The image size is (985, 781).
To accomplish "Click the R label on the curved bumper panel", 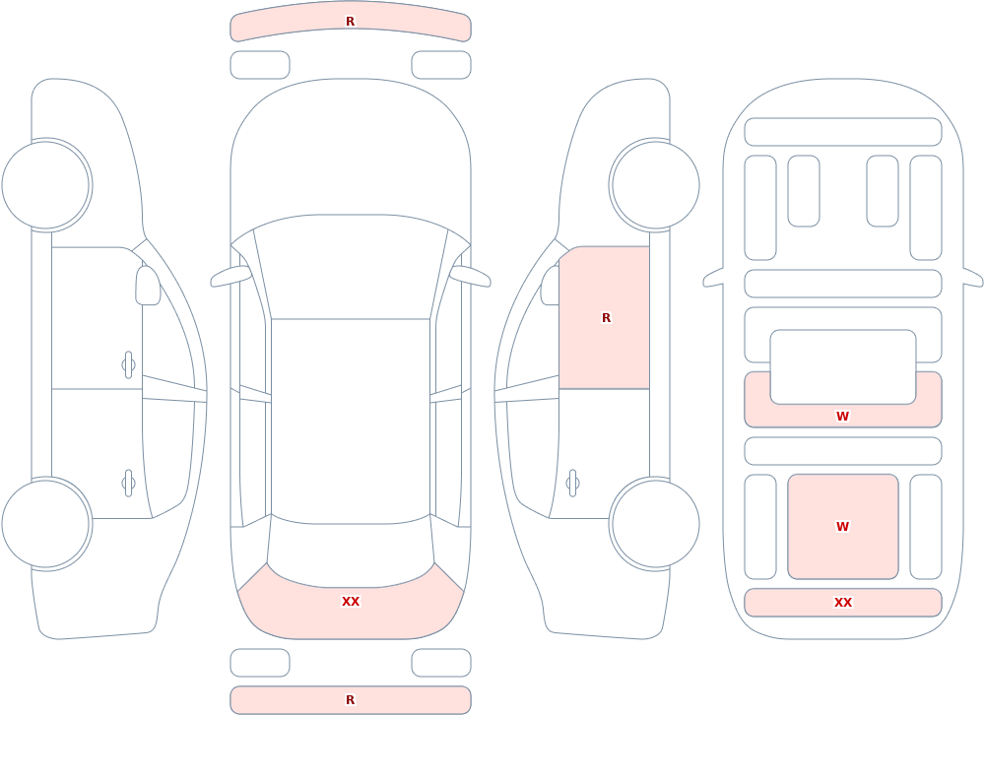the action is (x=350, y=22).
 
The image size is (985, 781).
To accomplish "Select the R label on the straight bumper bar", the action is (x=350, y=700).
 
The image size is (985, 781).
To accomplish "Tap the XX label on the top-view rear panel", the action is (x=351, y=602).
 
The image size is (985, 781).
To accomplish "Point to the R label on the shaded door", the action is (x=606, y=318).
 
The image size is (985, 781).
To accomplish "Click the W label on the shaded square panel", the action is (x=842, y=527).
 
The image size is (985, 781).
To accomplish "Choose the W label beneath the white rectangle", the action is (x=842, y=416).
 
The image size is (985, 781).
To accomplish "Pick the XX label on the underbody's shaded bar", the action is (x=843, y=603).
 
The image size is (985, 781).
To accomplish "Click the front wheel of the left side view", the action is (x=46, y=185).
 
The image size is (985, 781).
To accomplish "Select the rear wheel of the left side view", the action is (x=46, y=524).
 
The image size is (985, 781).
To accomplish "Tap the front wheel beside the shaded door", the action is (x=655, y=185).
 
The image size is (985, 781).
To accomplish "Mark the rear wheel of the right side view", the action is (x=655, y=524).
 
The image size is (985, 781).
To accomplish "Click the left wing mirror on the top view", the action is (x=230, y=276).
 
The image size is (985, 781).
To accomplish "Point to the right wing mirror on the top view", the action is (x=470, y=276).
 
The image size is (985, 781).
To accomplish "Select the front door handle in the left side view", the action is (x=128, y=365).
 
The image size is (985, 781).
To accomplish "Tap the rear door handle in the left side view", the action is (x=128, y=484).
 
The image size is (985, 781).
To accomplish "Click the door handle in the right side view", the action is (x=572, y=484).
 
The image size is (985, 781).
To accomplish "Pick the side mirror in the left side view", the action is (x=149, y=286).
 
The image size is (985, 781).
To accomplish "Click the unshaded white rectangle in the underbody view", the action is (x=843, y=367).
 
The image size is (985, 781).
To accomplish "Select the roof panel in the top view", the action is (x=351, y=421).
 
